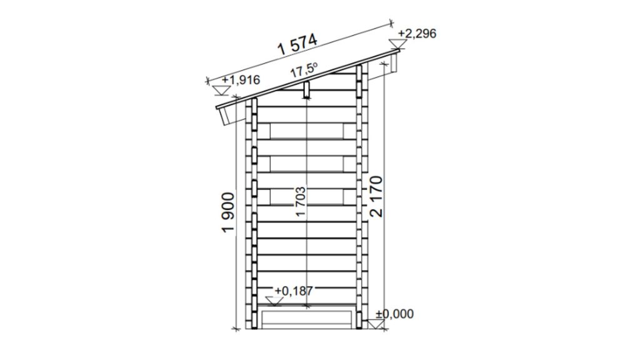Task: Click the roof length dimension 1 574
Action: [x=297, y=45]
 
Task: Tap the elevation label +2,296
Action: [x=417, y=34]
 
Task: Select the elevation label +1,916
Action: [x=241, y=79]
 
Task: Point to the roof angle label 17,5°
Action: [x=304, y=70]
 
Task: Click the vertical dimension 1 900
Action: [x=228, y=212]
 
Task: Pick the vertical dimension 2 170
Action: [x=376, y=196]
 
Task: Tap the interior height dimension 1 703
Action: [x=301, y=202]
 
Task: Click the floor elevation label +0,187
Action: [x=294, y=291]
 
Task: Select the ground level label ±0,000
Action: [x=395, y=314]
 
